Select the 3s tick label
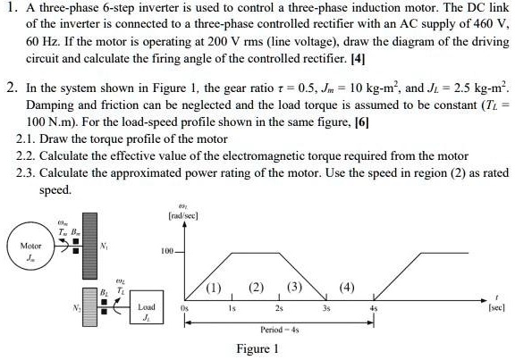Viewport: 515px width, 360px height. coord(327,307)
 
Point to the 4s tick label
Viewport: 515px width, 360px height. coord(375,307)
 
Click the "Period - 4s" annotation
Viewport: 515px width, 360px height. coord(277,329)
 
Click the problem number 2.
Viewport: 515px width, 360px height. coord(10,90)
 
